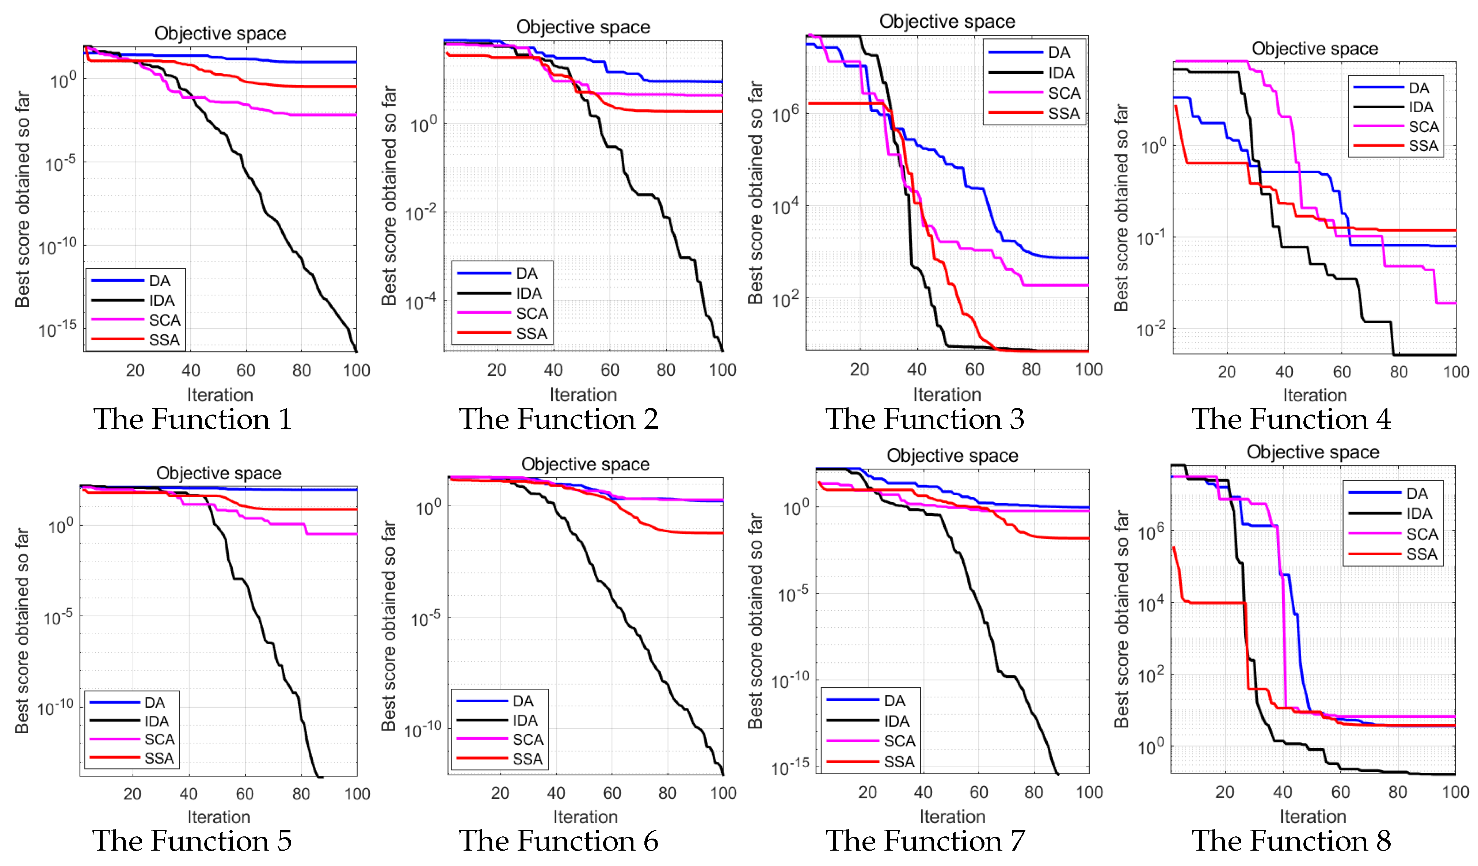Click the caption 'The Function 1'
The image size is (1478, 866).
[x=193, y=419]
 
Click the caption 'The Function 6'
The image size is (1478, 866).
[x=558, y=841]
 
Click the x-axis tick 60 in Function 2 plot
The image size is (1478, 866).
[x=610, y=370]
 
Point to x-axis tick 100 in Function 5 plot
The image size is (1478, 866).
[x=357, y=794]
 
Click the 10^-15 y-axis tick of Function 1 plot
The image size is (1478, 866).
[x=57, y=329]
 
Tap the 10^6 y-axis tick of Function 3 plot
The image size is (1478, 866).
[x=785, y=113]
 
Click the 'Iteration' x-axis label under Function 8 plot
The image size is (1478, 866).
[x=1313, y=816]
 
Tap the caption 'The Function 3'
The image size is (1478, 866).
[x=925, y=419]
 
